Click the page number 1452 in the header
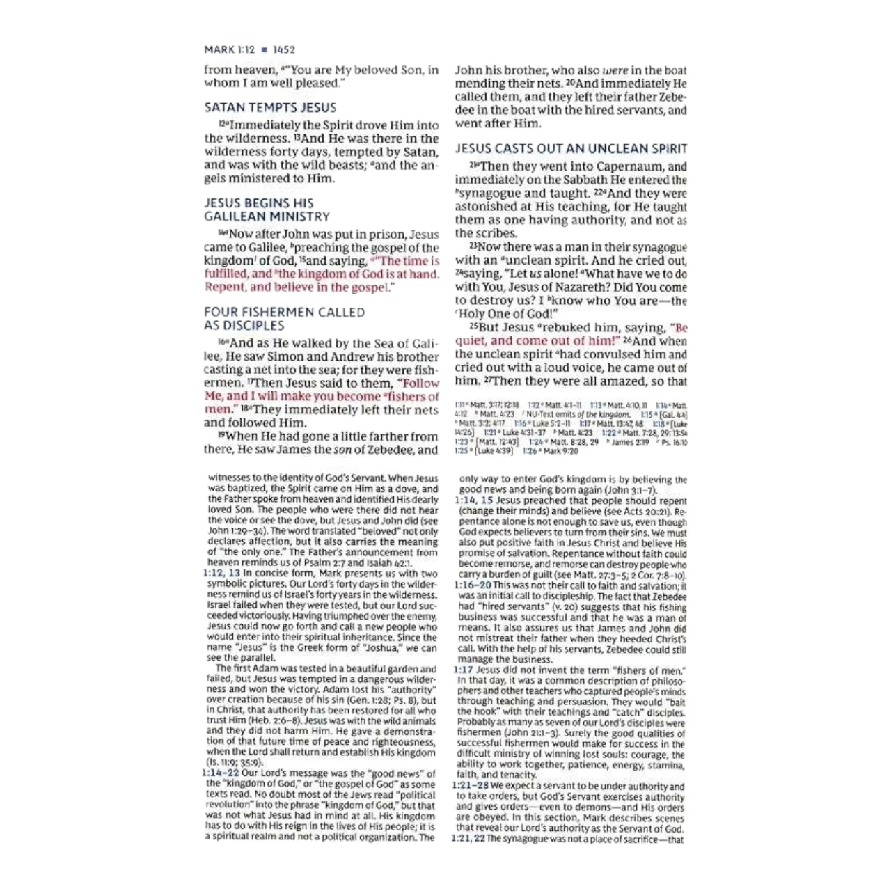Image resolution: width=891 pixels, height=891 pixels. [284, 49]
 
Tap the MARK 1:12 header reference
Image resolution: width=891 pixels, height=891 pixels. [230, 49]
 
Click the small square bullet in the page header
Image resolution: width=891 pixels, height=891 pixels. [265, 49]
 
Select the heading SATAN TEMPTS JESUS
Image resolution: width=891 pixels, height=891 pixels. [270, 108]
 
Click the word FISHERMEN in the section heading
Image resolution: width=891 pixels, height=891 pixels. [268, 313]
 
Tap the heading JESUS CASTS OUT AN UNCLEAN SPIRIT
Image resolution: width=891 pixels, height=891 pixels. [571, 149]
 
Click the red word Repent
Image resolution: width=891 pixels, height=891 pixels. [225, 287]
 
